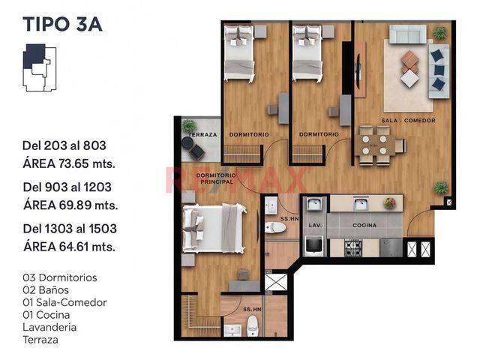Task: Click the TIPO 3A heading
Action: click(x=62, y=25)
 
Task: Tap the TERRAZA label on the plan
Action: click(x=203, y=135)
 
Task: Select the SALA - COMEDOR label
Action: click(x=408, y=121)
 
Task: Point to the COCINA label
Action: click(x=364, y=225)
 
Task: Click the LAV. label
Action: click(x=315, y=225)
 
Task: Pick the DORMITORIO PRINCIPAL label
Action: click(x=217, y=178)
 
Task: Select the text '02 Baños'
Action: click(x=46, y=290)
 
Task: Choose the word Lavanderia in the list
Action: click(x=49, y=327)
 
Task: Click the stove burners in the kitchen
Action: click(x=353, y=248)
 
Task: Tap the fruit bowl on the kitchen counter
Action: click(x=390, y=203)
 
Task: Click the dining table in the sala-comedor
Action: click(x=374, y=145)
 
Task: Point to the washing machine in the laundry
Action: click(x=313, y=245)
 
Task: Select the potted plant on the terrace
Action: click(x=189, y=127)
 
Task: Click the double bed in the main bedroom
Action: click(x=214, y=228)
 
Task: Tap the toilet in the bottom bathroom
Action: click(x=253, y=326)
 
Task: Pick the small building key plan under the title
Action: click(x=40, y=67)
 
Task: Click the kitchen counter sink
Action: click(x=361, y=203)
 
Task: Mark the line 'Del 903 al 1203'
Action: click(x=67, y=187)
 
